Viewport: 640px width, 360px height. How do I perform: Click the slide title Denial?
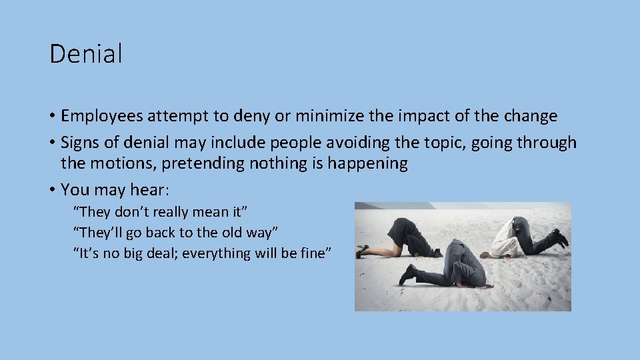86,54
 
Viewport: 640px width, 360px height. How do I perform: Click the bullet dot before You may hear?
52,190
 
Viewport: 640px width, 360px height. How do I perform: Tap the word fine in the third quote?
315,253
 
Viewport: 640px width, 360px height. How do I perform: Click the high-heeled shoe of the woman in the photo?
362,251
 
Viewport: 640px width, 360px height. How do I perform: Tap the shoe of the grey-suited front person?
407,273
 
